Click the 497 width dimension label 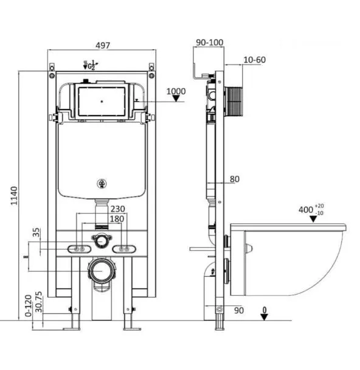point(103,45)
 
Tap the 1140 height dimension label point(15,195)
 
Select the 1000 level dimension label point(176,91)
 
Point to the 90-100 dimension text point(210,43)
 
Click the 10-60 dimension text point(254,60)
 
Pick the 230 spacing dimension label point(117,209)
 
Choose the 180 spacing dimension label point(117,219)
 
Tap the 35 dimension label point(36,232)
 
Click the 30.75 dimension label point(38,302)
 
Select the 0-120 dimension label point(28,306)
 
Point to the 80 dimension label point(234,179)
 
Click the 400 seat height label point(311,209)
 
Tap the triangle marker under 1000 point(176,99)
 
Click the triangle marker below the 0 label point(265,317)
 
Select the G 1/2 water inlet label point(91,65)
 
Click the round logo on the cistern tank point(102,183)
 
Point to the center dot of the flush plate point(102,102)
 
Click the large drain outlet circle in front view point(102,270)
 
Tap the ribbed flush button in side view point(234,102)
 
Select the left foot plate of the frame point(71,329)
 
